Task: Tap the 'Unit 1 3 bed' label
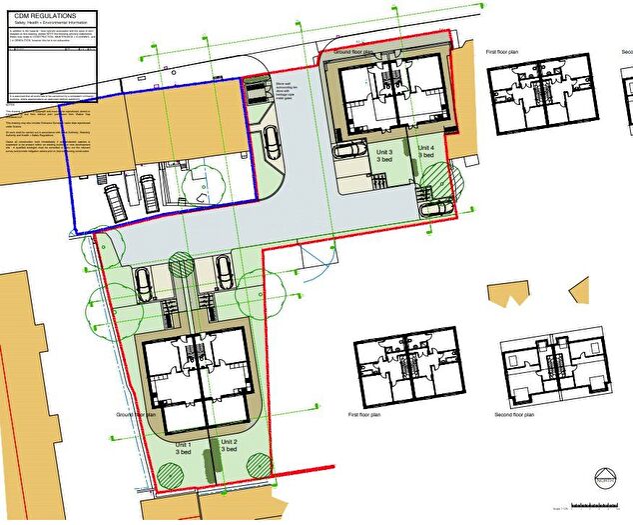point(183,447)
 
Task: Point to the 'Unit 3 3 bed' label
point(384,155)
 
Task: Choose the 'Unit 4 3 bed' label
point(426,155)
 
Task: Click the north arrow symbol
point(605,480)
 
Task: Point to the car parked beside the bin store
point(272,146)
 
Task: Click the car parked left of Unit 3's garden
point(350,150)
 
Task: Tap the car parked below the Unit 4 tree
point(434,208)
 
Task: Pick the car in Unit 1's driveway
point(145,284)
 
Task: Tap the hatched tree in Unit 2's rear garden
point(258,464)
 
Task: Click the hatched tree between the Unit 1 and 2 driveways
point(181,266)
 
